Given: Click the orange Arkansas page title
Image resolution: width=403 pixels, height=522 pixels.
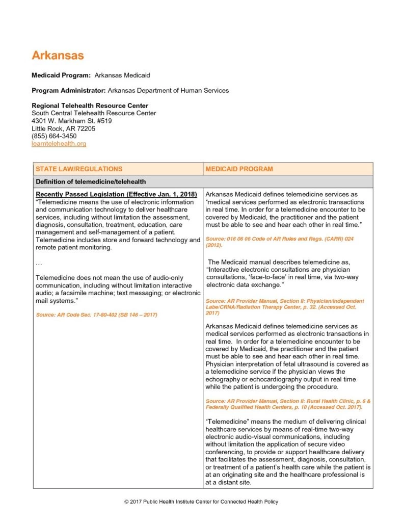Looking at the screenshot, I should point(58,55).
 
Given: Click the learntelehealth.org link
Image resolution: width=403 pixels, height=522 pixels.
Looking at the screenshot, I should point(59,144).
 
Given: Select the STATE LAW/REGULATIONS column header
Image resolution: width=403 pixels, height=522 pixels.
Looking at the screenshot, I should point(79,169).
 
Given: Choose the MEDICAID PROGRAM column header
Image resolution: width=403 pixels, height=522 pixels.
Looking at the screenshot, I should point(239,169).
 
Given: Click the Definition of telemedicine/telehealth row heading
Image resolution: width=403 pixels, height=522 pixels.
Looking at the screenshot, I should point(91,181).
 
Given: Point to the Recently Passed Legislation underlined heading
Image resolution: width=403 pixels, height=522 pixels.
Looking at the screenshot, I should point(116,195).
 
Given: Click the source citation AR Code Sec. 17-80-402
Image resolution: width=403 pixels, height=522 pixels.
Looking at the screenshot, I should point(97,315).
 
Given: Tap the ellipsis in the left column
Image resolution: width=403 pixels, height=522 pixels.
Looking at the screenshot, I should point(39,263).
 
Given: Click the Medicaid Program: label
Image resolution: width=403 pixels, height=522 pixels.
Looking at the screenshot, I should point(61,75).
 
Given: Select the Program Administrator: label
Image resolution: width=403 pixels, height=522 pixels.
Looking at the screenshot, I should point(69,91).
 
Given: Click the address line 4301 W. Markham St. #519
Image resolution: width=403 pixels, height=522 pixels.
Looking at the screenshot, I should point(71,121).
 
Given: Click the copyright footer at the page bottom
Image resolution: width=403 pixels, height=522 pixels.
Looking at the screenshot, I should point(201,502).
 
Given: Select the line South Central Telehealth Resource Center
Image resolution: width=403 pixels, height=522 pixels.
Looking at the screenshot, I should point(94,113).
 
